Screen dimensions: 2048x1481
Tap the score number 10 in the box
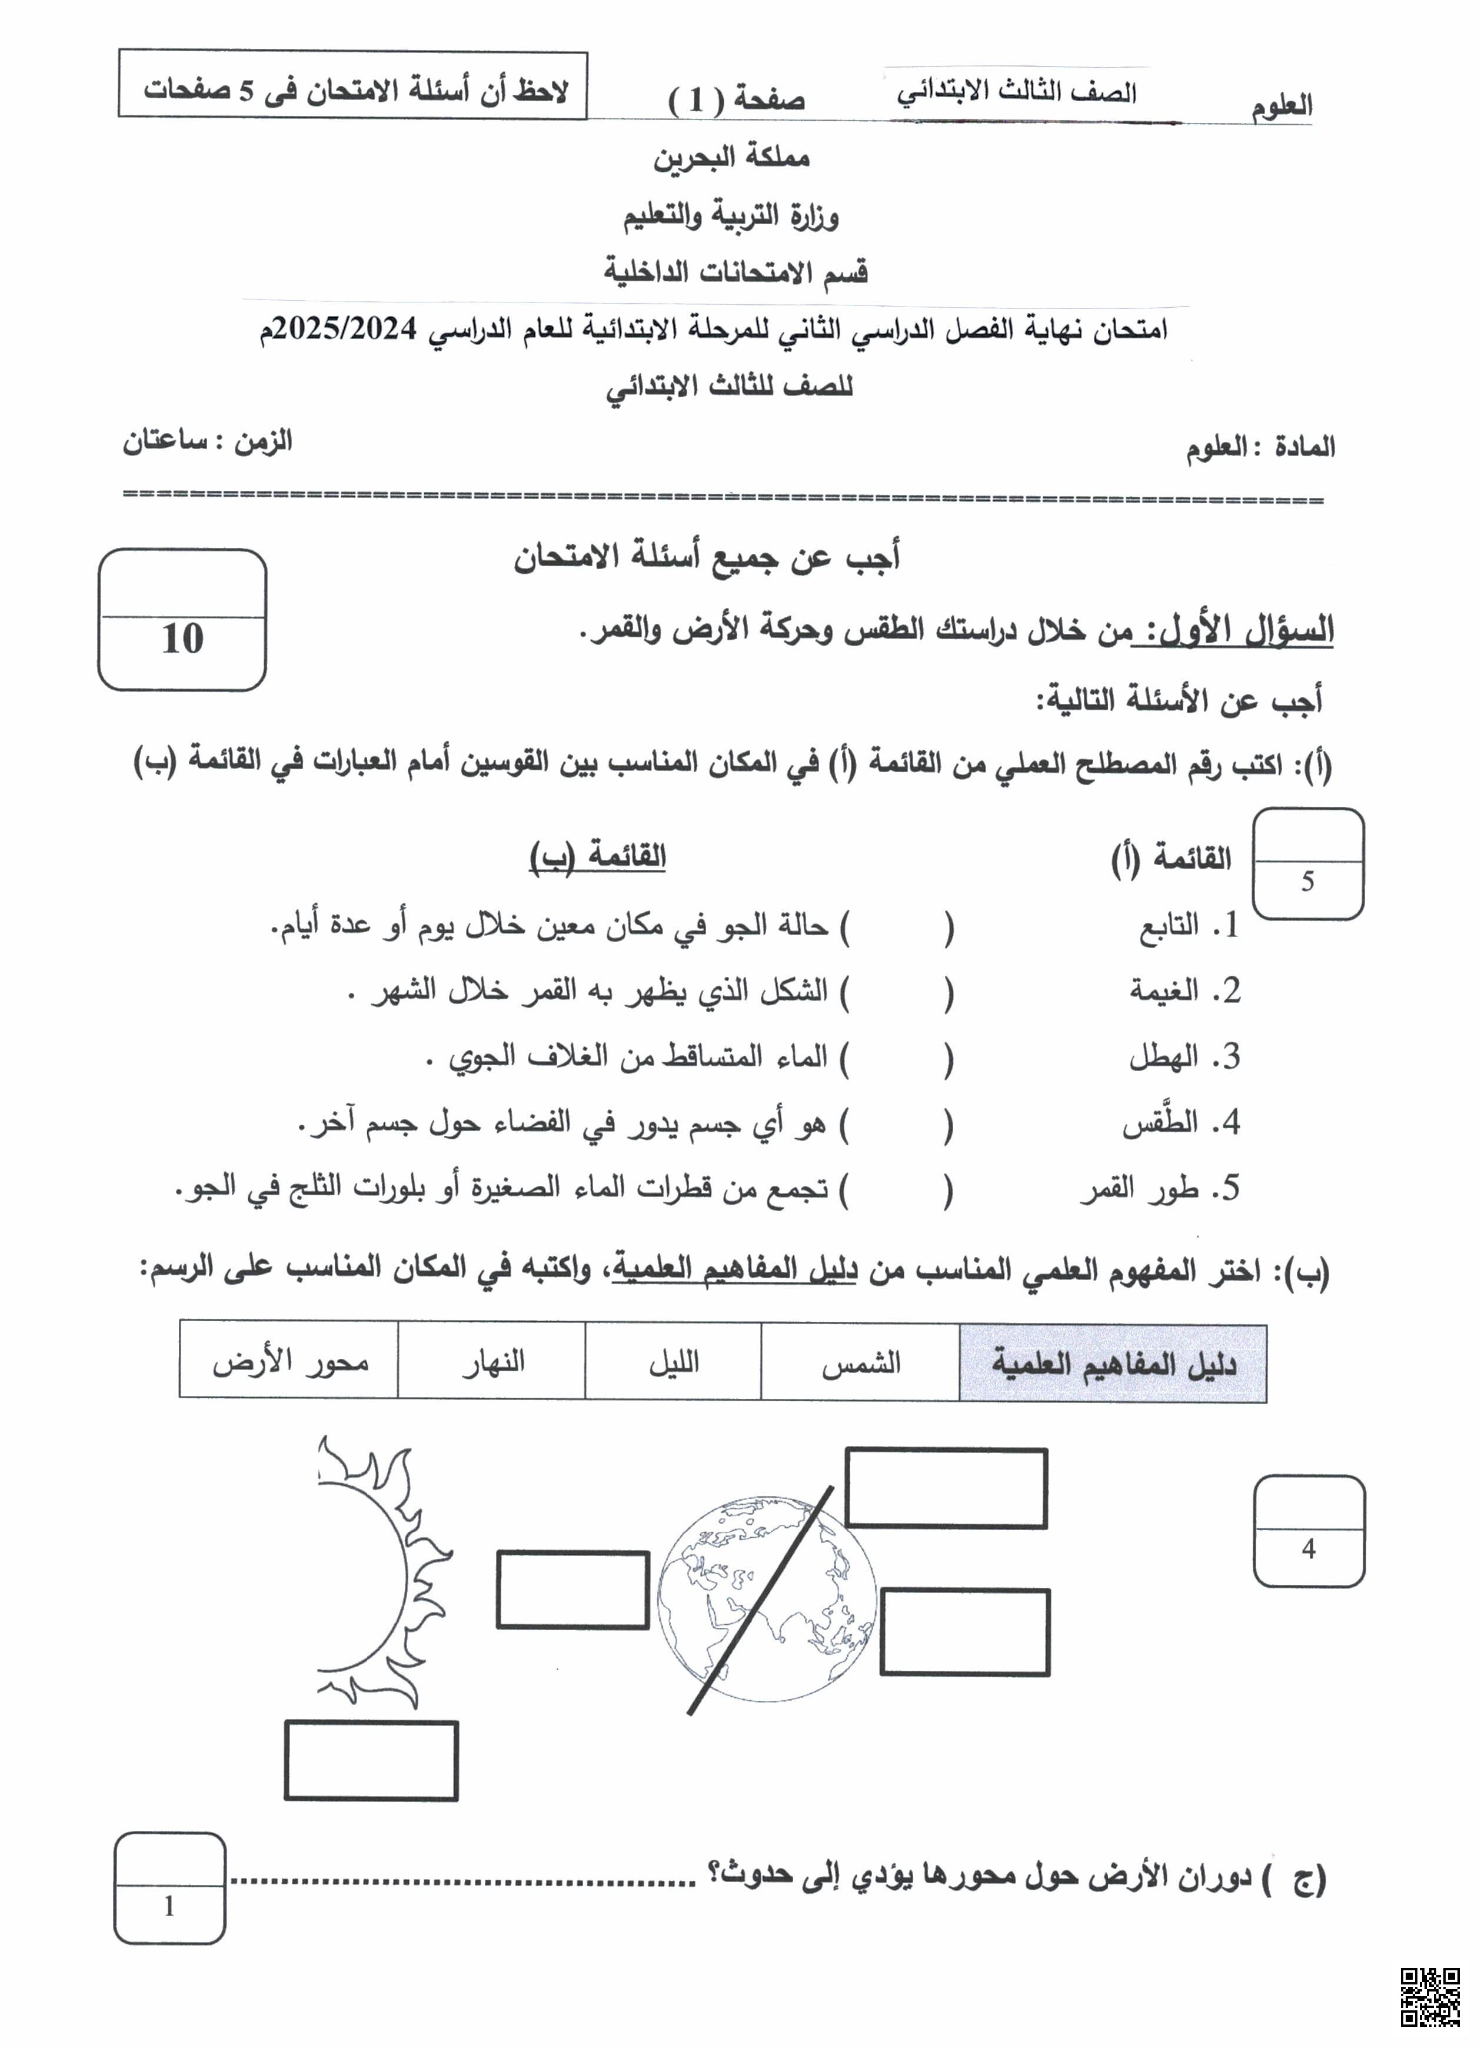182,639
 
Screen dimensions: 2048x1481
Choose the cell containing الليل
674,1362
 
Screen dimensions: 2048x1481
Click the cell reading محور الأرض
290,1362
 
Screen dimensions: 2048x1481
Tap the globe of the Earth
766,1598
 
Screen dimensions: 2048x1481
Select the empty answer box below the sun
371,1761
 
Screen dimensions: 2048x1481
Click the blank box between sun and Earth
573,1590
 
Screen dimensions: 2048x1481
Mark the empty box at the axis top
946,1488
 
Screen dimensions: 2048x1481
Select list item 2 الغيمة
1183,990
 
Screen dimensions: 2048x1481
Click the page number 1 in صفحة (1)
695,99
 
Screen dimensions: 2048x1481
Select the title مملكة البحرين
731,158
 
